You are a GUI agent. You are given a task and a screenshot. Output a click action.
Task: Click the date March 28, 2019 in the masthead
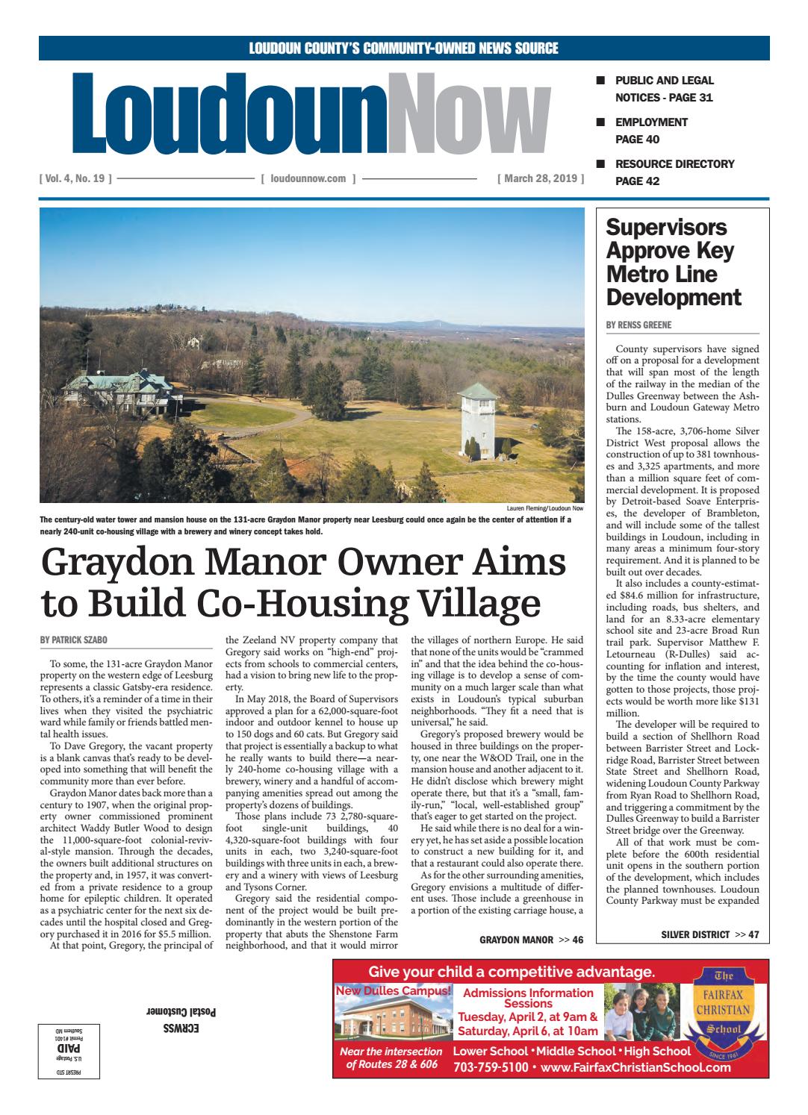(540, 179)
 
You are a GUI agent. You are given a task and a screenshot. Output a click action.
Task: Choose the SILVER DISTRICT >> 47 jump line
(709, 934)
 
